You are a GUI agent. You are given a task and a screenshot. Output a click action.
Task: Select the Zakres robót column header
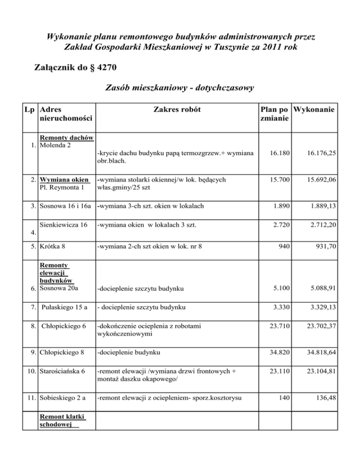[176, 109]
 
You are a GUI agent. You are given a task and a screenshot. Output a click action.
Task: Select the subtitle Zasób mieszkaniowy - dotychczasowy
[180, 88]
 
